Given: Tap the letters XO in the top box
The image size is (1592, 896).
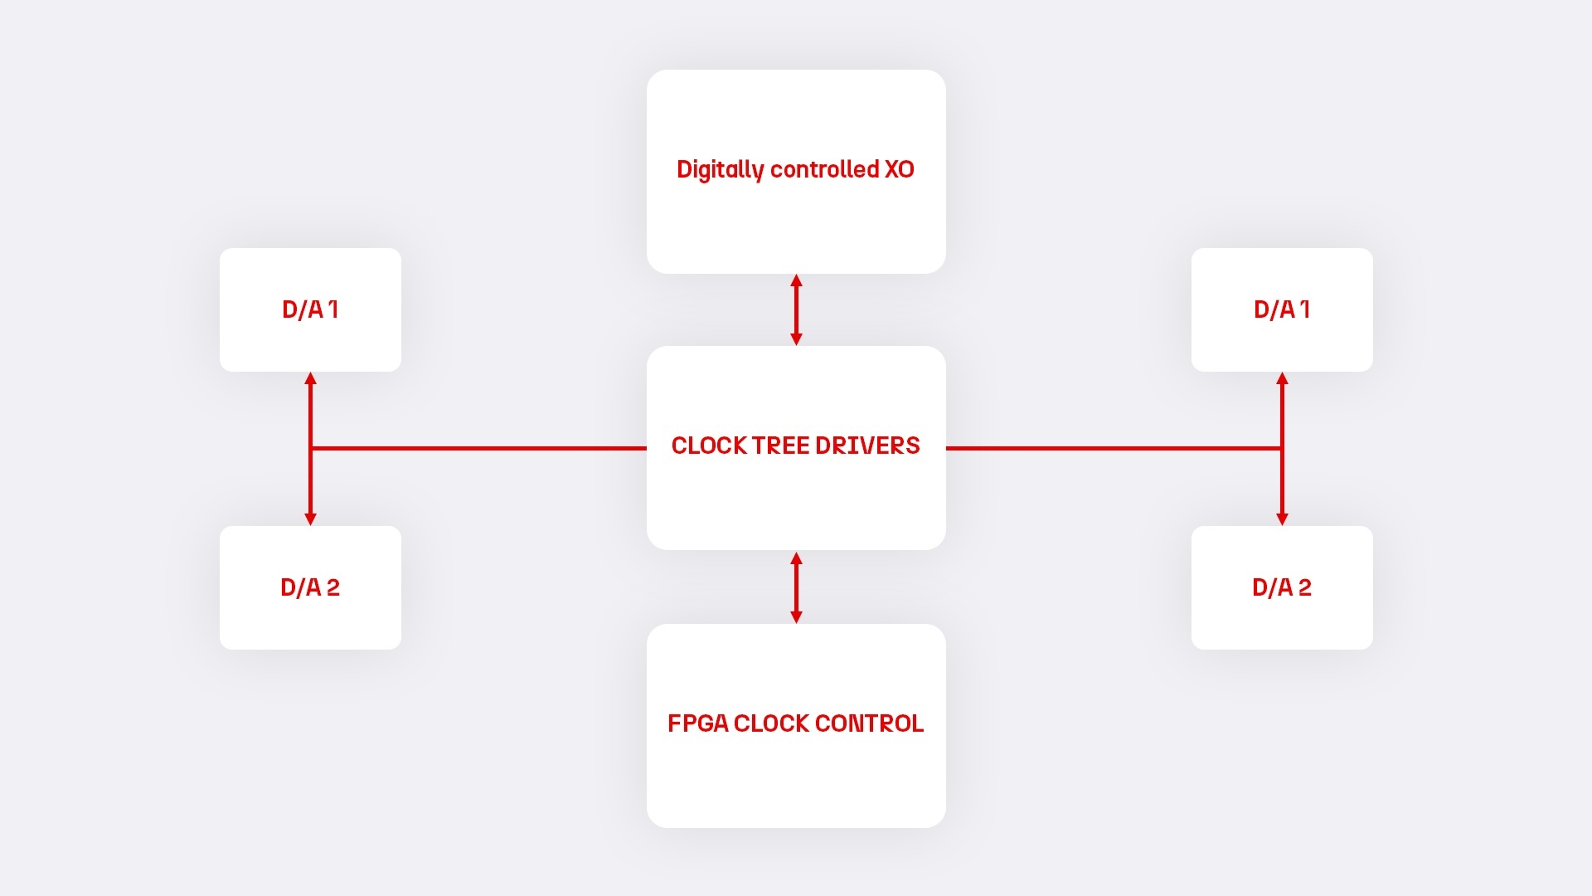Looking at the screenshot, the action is tap(899, 169).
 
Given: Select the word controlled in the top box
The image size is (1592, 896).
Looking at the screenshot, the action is tap(824, 169).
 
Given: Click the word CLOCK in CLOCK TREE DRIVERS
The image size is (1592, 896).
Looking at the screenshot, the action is tap(709, 446).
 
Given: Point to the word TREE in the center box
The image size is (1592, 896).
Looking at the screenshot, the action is tap(781, 446).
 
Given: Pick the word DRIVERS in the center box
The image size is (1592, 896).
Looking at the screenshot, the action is tap(867, 446).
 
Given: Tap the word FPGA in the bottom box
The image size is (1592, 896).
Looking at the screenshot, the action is tap(697, 723).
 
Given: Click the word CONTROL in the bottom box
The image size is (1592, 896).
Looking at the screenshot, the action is tap(869, 723).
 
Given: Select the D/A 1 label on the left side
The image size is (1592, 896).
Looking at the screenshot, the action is tap(310, 309).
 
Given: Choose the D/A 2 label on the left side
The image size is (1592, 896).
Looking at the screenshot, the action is tap(310, 587).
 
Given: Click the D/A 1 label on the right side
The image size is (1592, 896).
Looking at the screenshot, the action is tap(1282, 309).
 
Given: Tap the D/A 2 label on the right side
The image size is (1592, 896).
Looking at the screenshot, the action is tap(1282, 587).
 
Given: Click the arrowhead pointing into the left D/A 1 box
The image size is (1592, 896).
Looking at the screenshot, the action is tap(311, 379).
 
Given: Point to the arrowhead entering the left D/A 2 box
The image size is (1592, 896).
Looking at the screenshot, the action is tap(311, 519).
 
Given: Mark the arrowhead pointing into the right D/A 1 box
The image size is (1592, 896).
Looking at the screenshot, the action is tap(1282, 379).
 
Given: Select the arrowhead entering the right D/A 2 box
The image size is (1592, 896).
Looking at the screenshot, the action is tap(1282, 519).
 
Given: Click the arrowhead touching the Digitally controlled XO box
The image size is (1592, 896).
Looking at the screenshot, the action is tap(796, 281).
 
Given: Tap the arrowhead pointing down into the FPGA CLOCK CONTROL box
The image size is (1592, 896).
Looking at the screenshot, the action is tap(796, 616).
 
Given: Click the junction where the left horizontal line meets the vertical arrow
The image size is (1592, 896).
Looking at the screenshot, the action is tap(311, 448).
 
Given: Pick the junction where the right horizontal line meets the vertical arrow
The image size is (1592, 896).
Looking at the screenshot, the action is tap(1282, 448).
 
